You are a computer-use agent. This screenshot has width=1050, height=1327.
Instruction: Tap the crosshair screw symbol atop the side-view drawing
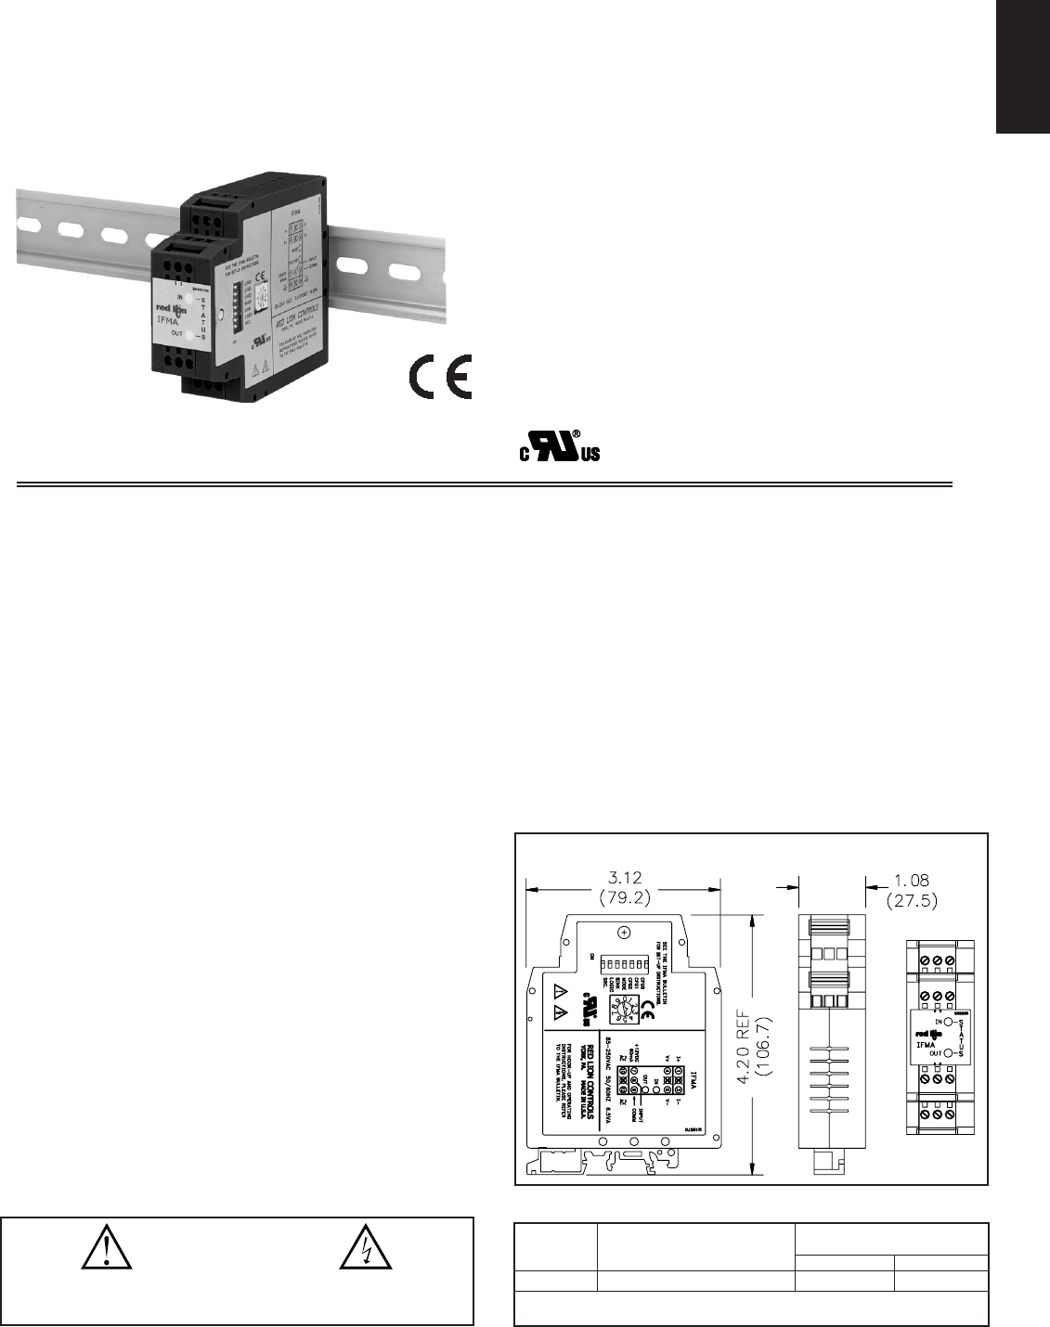point(626,931)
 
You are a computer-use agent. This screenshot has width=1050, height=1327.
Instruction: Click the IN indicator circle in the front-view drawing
point(949,1022)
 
